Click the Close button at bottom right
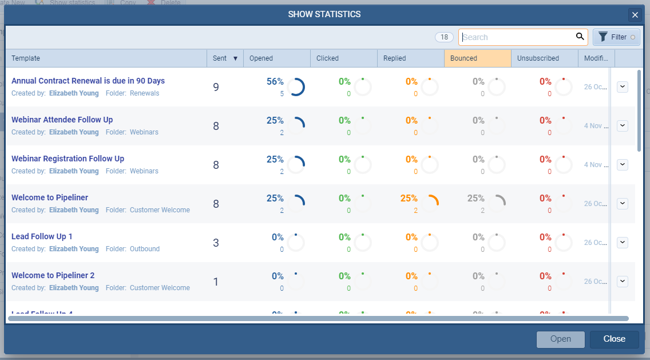(x=614, y=339)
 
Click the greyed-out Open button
(x=560, y=339)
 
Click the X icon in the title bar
(x=635, y=15)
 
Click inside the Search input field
(x=515, y=37)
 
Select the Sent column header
(x=224, y=58)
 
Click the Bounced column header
(x=477, y=58)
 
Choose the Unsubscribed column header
(x=544, y=58)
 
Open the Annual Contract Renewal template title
(x=88, y=81)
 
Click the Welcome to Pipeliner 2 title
(x=53, y=275)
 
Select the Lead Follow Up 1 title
(x=42, y=236)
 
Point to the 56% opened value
(x=275, y=81)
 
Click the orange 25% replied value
(x=409, y=198)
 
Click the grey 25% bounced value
(x=476, y=198)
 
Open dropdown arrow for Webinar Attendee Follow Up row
(x=623, y=125)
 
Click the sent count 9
(x=216, y=87)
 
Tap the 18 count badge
(x=444, y=37)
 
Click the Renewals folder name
(x=145, y=93)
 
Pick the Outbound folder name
(x=145, y=249)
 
